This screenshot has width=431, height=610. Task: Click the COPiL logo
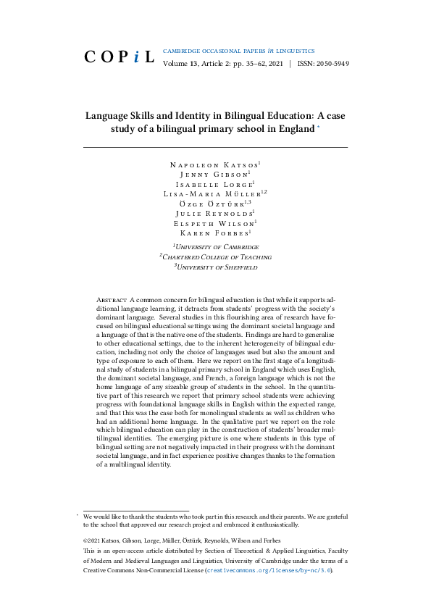(x=120, y=57)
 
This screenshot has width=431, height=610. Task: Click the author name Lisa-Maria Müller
(x=213, y=194)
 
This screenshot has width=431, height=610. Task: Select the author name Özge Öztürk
(x=213, y=204)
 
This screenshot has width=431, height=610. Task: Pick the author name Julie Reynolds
(x=213, y=214)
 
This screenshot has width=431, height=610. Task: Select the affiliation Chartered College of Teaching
(x=216, y=256)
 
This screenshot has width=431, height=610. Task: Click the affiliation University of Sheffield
(x=215, y=266)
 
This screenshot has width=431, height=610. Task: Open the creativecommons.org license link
(x=269, y=571)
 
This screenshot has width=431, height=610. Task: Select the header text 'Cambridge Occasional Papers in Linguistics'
(x=238, y=51)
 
